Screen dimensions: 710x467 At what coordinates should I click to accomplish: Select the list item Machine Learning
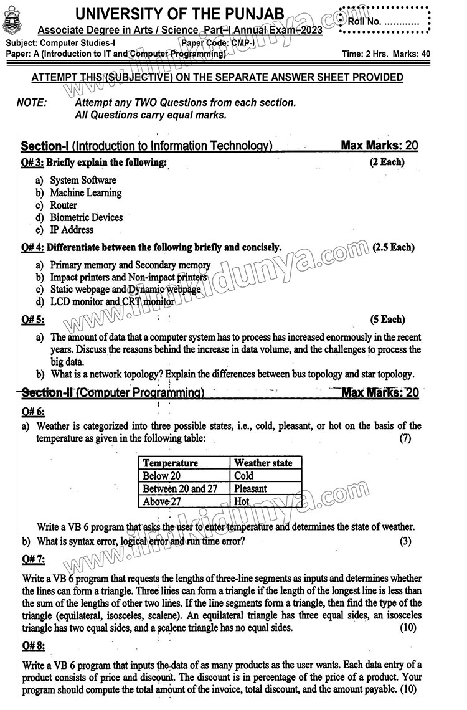pyautogui.click(x=85, y=193)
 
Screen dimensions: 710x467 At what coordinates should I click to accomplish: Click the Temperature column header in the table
pyautogui.click(x=171, y=463)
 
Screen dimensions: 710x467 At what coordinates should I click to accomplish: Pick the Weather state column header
pyautogui.click(x=263, y=463)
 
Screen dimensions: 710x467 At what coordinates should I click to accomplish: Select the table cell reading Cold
pyautogui.click(x=244, y=476)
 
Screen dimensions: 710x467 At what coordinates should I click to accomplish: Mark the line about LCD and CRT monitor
pyautogui.click(x=112, y=302)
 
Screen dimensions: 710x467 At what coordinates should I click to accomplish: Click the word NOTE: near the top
pyautogui.click(x=32, y=103)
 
